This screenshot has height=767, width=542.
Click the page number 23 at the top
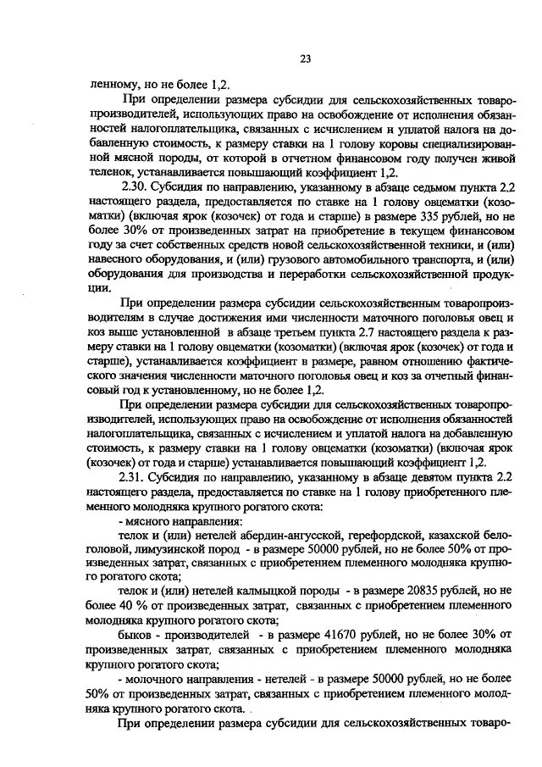(x=305, y=58)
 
